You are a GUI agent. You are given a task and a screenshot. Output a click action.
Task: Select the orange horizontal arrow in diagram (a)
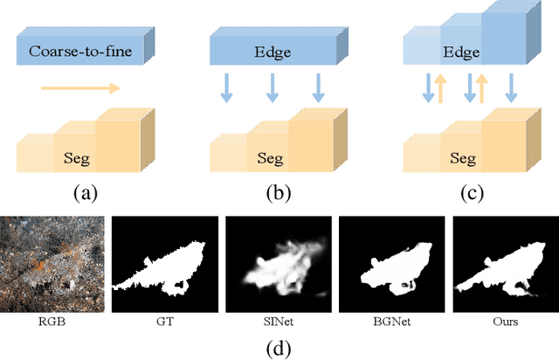pos(80,87)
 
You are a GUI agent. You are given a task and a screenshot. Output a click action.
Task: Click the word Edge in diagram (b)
pos(272,51)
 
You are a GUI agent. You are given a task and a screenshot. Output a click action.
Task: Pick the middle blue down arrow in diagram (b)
pos(272,88)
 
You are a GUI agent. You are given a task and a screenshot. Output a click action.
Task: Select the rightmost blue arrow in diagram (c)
pos(512,88)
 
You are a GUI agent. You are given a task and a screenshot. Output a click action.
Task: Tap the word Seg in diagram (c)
pos(462,159)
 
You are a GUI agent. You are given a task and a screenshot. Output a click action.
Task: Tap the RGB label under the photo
pos(55,322)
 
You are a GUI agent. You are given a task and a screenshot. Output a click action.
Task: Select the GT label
pos(166,322)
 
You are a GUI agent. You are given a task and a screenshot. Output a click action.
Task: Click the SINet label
pos(279,322)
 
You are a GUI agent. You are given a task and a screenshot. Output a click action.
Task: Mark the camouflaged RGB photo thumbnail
pos(55,264)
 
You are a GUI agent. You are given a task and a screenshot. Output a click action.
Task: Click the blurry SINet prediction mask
pos(279,264)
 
